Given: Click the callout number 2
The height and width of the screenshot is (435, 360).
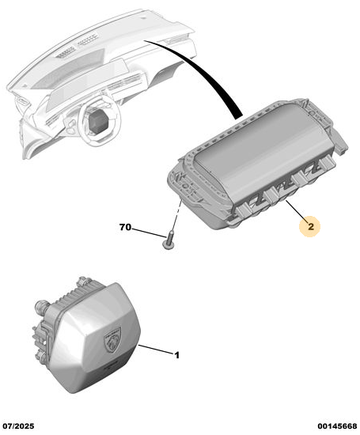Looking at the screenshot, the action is pos(311,227).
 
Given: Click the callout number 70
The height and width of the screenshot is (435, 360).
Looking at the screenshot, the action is pos(125,227).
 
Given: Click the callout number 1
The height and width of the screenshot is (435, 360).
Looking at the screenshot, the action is pos(176,355).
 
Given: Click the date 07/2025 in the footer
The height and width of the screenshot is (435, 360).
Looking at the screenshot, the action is pos(18,426).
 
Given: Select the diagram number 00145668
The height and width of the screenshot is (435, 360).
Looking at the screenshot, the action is pos(337,426).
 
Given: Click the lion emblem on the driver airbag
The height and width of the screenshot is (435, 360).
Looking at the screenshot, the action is pos(112,340).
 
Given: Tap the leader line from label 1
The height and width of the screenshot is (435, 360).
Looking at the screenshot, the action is pos(156,350).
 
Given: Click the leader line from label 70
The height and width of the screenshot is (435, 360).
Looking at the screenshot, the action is pos(149,233).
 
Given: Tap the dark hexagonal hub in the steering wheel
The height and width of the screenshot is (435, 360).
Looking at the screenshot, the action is pos(98,121).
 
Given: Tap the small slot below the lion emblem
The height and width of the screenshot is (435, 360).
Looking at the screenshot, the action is pos(112,366).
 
